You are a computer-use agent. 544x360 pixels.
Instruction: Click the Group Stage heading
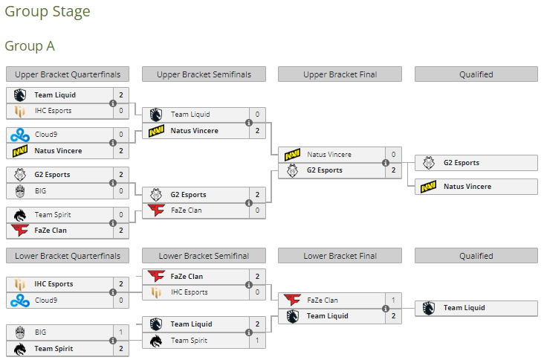pos(48,12)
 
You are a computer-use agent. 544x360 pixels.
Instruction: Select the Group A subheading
pos(30,46)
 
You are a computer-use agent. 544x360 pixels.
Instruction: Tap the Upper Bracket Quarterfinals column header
pos(68,74)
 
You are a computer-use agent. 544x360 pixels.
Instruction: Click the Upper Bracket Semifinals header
pos(204,74)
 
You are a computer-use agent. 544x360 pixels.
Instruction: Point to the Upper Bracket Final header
pos(340,74)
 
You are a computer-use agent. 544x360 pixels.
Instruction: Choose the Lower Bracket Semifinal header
pos(204,256)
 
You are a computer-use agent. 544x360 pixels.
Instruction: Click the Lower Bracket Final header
pos(340,256)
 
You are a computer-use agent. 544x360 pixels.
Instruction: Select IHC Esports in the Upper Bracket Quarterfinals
pos(54,111)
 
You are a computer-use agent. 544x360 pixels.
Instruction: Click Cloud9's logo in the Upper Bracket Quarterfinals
pos(19,135)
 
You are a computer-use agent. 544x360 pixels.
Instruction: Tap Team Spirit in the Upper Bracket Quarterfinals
pos(54,215)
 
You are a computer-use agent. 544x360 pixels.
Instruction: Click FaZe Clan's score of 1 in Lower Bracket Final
pos(393,300)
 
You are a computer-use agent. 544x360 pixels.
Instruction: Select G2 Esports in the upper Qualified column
pos(461,163)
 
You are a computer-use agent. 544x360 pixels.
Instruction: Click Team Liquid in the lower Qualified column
pos(464,308)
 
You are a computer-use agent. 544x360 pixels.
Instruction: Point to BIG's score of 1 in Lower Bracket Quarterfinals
pos(121,332)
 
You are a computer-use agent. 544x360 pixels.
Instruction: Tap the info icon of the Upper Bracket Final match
pos(385,163)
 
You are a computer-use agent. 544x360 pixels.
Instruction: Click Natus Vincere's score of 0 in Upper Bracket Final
pos(393,155)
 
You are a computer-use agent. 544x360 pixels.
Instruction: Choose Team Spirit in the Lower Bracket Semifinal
pos(190,341)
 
